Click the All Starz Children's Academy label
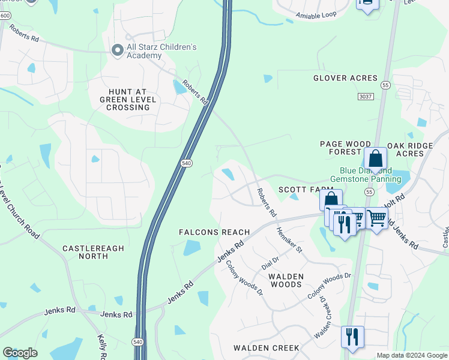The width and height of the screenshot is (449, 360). click(161, 51)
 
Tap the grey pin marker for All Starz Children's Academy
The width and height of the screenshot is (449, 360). click(117, 51)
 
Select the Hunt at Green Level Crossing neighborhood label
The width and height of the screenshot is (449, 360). click(127, 99)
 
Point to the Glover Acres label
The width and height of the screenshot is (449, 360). click(345, 78)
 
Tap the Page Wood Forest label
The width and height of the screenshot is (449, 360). click(345, 148)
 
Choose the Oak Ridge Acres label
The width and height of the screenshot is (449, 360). click(414, 149)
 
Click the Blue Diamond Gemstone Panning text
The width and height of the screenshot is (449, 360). click(366, 175)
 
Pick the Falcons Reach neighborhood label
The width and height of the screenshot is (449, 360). click(214, 232)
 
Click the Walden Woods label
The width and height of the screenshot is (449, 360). click(286, 280)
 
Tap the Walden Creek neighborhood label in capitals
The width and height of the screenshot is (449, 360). click(266, 348)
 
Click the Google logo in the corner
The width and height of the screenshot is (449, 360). click(20, 353)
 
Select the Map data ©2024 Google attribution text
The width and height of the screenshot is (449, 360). click(411, 355)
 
